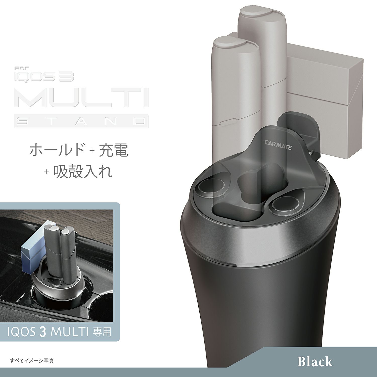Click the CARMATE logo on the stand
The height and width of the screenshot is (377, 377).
point(278,146)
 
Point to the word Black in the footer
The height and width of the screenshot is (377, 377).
point(315,361)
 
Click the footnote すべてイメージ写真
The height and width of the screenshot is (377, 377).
point(32,361)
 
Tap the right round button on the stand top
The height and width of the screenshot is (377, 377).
point(285,204)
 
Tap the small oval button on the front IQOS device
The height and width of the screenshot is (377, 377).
point(226,123)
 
